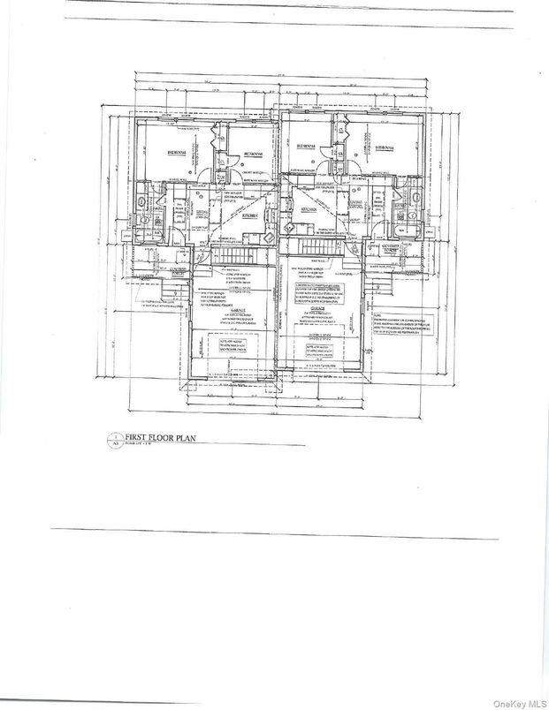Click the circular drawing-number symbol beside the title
(112, 437)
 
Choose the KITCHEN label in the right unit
(308, 209)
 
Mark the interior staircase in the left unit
(236, 256)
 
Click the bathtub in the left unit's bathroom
(141, 215)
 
